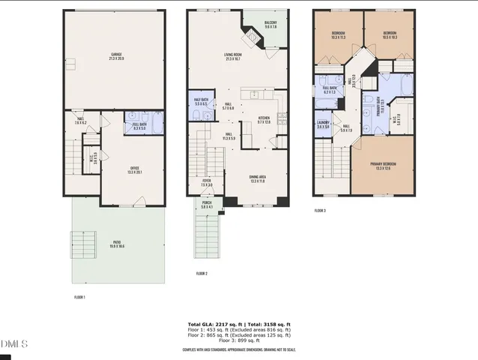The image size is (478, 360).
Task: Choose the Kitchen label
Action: pos(264,119)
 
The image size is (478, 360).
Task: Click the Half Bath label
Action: pos(201,101)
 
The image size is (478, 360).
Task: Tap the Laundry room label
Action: pos(324,124)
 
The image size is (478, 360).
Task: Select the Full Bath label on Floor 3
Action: pos(330,89)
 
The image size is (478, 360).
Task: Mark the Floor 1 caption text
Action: pos(79,298)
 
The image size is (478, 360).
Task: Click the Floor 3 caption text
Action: pos(321,211)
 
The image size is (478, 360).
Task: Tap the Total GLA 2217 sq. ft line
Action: pos(239,324)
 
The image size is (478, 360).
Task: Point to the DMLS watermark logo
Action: pos(13,343)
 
